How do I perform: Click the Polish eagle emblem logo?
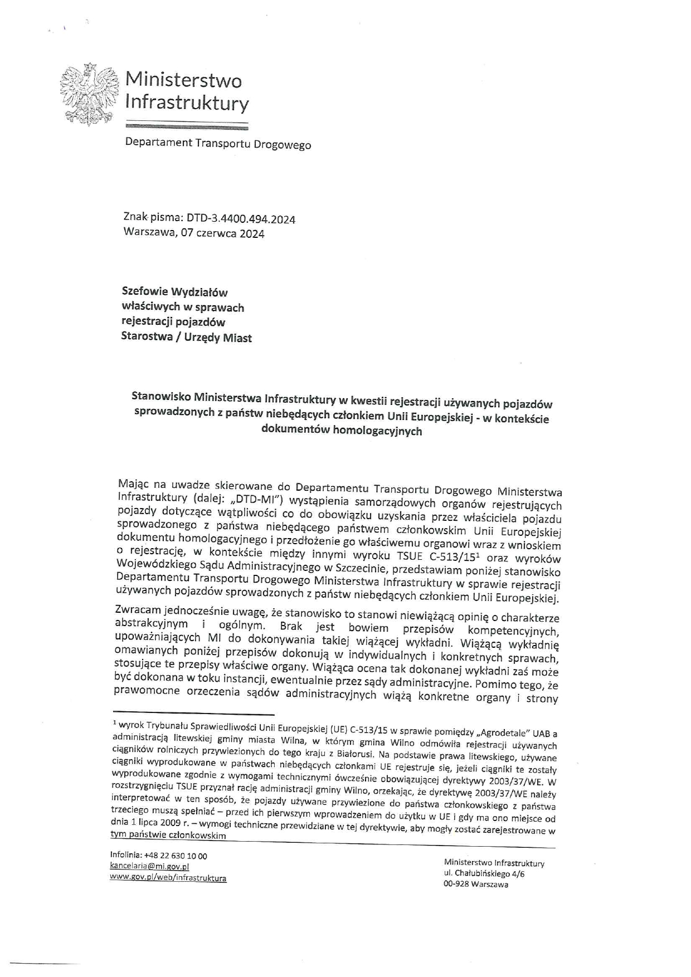point(89,93)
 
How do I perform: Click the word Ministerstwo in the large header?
point(183,80)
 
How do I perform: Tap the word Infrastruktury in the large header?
point(187,102)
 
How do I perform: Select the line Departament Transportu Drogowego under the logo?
point(218,144)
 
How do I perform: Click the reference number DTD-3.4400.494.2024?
point(241,219)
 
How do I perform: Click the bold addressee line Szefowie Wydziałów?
point(175,292)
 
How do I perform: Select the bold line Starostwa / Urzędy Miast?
point(186,337)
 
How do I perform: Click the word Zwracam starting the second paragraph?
point(137,610)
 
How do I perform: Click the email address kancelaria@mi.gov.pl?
point(149,866)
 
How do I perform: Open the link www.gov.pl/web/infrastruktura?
point(168,878)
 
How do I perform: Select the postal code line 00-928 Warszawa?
point(475,884)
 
